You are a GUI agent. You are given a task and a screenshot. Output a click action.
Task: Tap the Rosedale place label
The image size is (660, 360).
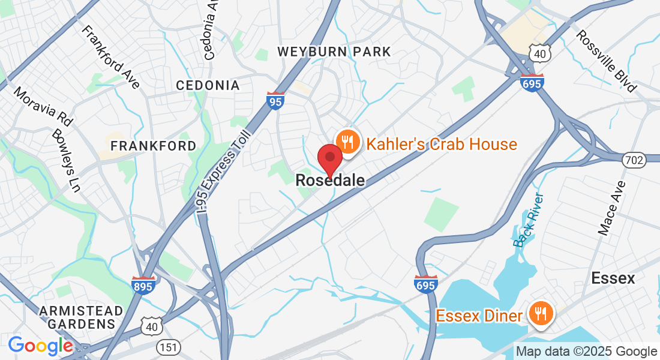point(330,180)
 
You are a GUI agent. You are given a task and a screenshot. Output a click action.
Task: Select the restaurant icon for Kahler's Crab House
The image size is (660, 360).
point(346,142)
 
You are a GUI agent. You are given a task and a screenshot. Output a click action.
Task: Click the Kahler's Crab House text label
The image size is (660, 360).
point(441,144)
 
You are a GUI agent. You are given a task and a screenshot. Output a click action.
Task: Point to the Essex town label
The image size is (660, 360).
point(613,278)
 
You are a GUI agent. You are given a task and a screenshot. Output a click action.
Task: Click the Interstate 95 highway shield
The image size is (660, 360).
point(275,100)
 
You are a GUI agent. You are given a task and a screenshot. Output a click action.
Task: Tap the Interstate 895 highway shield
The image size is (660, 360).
point(144,284)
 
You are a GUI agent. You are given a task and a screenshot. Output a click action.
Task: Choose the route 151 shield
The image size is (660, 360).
point(166,347)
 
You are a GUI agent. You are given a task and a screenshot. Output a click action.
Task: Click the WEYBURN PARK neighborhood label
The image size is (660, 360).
point(334,52)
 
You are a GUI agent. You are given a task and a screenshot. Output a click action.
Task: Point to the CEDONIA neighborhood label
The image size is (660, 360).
point(208,85)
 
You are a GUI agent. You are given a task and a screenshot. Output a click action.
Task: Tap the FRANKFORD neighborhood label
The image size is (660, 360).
point(153,146)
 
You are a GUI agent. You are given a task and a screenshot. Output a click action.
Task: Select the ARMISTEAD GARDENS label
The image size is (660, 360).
point(81,317)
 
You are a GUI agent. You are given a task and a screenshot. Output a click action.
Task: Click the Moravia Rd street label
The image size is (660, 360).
point(43,106)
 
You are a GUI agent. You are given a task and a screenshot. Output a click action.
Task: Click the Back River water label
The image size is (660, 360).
point(529,220)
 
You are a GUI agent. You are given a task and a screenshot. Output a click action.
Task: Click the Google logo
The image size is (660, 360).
point(40,346)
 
